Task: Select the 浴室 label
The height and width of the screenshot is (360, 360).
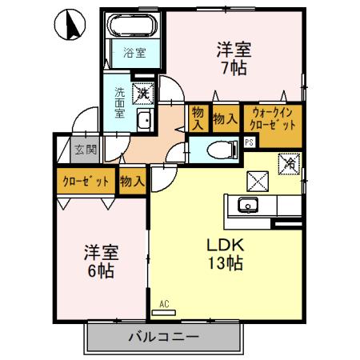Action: point(134,54)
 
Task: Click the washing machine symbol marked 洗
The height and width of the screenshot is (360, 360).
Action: point(143,93)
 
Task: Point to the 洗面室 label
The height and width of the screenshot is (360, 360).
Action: point(119,102)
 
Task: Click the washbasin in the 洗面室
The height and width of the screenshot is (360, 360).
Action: point(144,122)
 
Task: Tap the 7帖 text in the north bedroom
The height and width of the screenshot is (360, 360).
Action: point(234,68)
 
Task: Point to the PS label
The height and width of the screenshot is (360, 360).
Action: point(250,142)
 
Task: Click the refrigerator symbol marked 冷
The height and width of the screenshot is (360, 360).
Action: point(289,162)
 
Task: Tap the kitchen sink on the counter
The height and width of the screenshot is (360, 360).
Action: point(248,207)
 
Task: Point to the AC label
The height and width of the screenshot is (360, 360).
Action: point(164,303)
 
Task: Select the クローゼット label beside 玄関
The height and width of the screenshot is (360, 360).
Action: point(85,182)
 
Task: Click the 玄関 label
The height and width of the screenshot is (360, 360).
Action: point(86,149)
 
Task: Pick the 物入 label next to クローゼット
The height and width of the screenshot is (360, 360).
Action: point(132,182)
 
